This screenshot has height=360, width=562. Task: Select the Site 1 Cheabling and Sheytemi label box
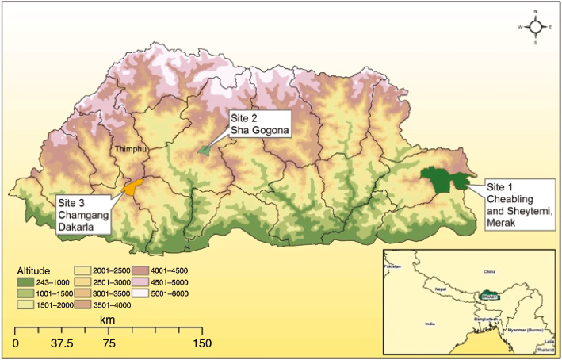pos(514,201)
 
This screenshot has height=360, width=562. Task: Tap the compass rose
pos(536,26)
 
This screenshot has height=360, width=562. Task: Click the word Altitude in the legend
pos(32,270)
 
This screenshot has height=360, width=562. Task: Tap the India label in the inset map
pos(430,324)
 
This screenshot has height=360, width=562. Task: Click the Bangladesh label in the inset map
pos(486,320)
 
